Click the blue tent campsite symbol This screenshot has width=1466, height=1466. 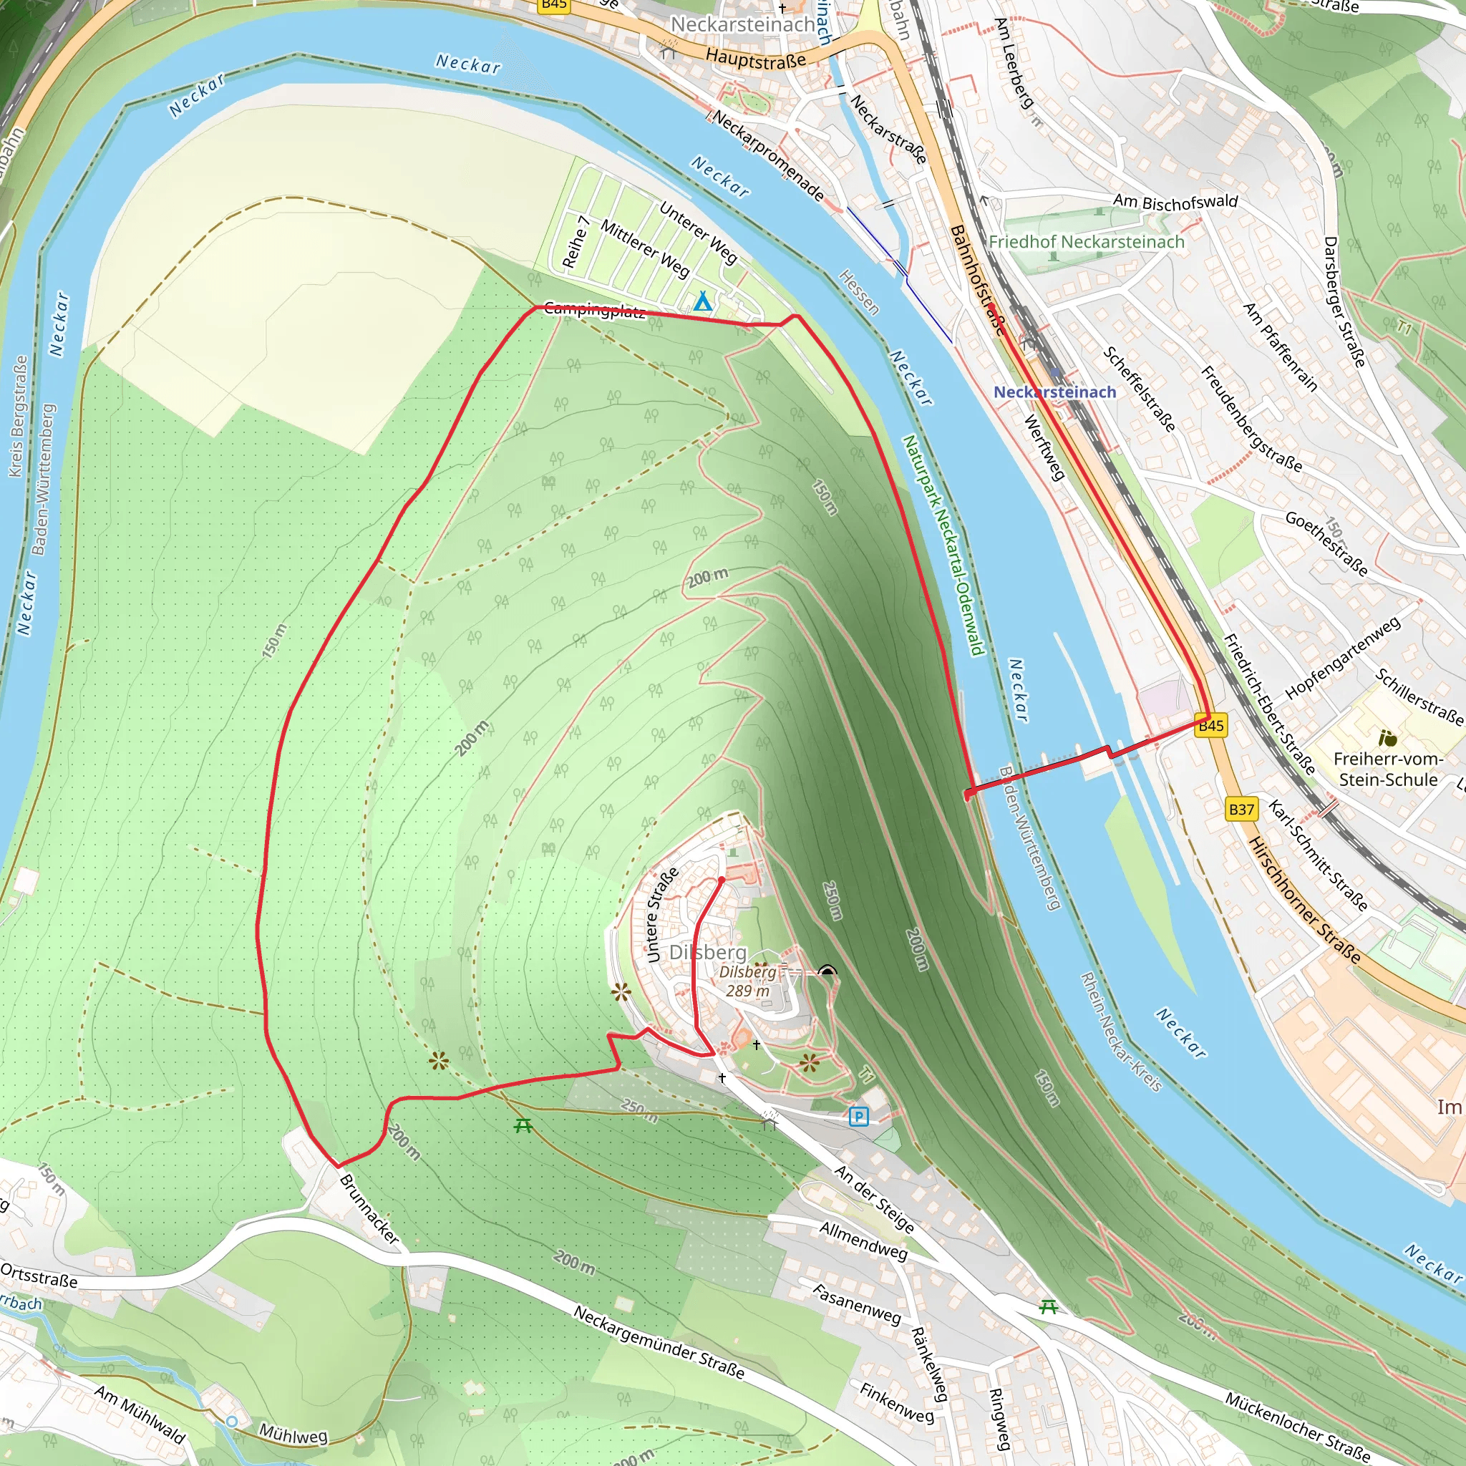pyautogui.click(x=703, y=302)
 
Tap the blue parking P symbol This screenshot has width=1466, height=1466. pyautogui.click(x=858, y=1116)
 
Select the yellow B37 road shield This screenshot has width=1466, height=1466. pyautogui.click(x=1241, y=809)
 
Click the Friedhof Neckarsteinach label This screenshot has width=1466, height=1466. pyautogui.click(x=1086, y=242)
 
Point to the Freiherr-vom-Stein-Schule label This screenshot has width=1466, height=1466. pyautogui.click(x=1388, y=769)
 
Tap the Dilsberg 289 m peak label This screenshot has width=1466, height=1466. pyautogui.click(x=747, y=981)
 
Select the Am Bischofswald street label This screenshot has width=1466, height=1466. pyautogui.click(x=1175, y=202)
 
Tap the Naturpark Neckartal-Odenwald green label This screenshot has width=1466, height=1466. pyautogui.click(x=943, y=544)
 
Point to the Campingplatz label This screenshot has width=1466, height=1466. pyautogui.click(x=594, y=311)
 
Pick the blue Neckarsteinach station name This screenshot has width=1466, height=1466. pyautogui.click(x=1054, y=392)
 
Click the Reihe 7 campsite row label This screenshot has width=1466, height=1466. pyautogui.click(x=576, y=242)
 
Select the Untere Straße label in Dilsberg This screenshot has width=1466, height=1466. pyautogui.click(x=661, y=914)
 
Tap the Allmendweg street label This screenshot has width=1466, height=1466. pyautogui.click(x=863, y=1240)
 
